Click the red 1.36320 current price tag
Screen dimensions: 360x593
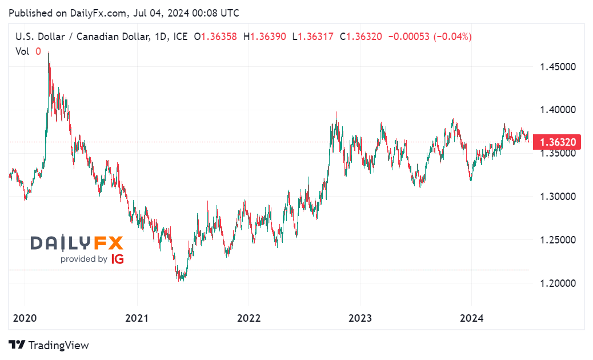click(x=556, y=142)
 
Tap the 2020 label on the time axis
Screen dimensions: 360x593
click(x=25, y=318)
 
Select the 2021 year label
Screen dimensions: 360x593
click(x=137, y=318)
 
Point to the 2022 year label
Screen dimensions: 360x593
click(x=248, y=318)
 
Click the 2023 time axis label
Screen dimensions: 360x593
click(x=359, y=318)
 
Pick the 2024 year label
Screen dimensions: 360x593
click(x=471, y=318)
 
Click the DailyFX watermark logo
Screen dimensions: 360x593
click(x=77, y=243)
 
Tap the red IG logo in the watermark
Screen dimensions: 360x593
click(x=117, y=259)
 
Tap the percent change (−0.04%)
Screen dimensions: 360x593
click(x=452, y=37)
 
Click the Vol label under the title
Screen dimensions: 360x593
click(x=22, y=51)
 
